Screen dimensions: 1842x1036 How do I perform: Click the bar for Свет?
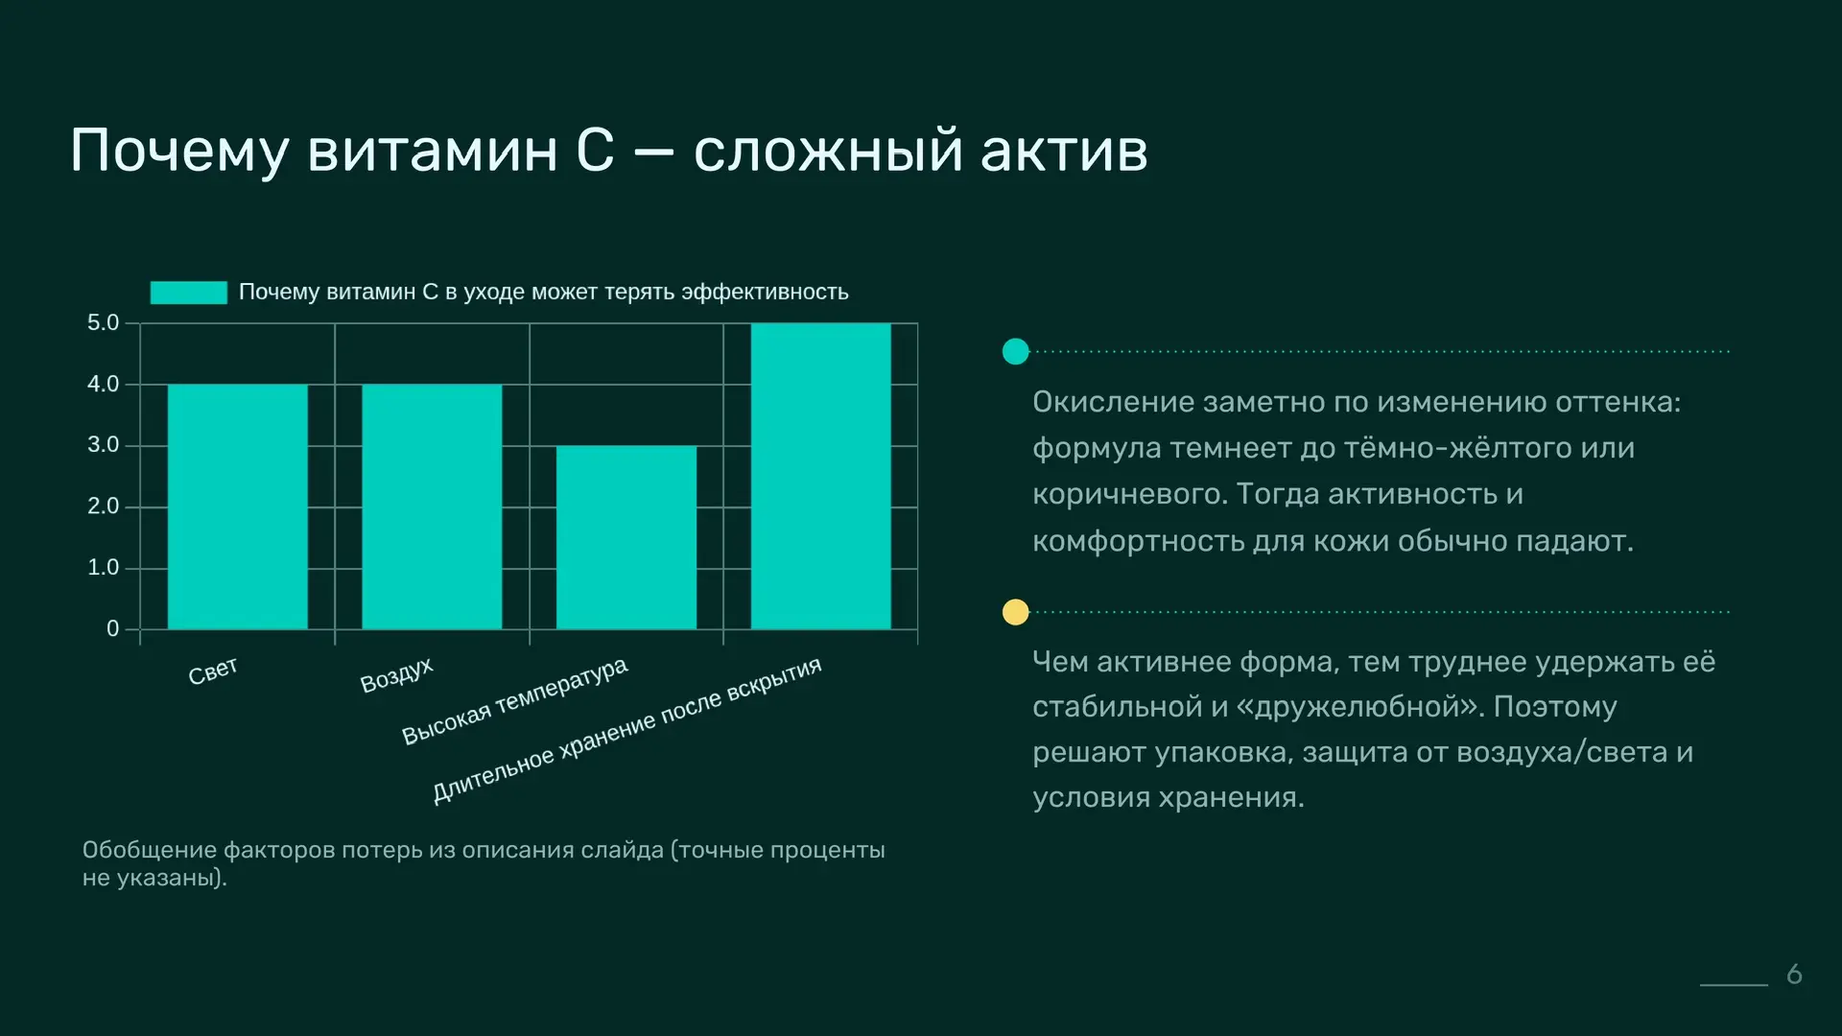[238, 506]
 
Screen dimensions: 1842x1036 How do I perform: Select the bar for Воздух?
[432, 506]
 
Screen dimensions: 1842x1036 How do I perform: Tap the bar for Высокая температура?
[626, 537]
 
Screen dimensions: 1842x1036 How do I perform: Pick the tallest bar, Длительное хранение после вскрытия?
[821, 476]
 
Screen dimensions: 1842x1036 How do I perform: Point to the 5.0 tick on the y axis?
[104, 323]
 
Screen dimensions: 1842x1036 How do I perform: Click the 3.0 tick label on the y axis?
[104, 445]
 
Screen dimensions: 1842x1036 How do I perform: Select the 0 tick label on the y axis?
[113, 628]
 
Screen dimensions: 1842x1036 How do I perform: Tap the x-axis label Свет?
[213, 671]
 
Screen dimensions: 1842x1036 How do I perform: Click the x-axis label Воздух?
[396, 674]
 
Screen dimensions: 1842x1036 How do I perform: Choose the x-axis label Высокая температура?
[514, 700]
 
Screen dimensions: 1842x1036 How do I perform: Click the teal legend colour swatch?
[189, 293]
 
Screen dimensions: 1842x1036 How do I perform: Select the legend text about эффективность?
[544, 292]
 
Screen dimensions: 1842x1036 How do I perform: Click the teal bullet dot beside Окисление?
[1015, 352]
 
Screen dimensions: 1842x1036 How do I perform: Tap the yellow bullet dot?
[1015, 612]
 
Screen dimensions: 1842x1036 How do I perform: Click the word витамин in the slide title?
[432, 151]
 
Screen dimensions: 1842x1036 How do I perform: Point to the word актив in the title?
[1064, 151]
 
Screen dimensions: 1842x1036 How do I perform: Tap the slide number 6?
[1795, 975]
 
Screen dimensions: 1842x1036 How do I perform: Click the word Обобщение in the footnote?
[150, 851]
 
